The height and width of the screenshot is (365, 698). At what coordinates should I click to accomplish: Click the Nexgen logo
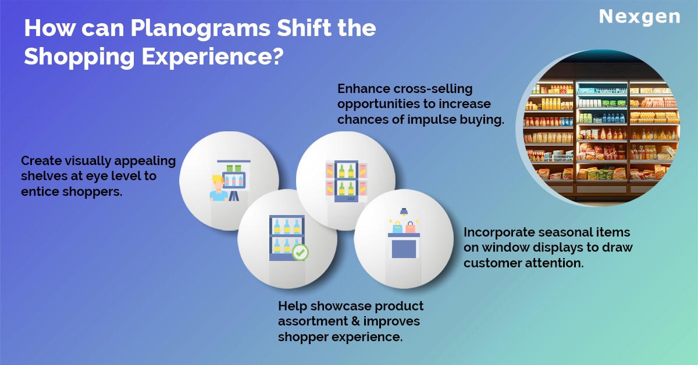(x=639, y=17)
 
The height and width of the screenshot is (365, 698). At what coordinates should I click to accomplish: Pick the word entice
(x=40, y=192)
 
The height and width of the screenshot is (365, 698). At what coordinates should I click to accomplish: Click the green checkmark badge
(x=300, y=252)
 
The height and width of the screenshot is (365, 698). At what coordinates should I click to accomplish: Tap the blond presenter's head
(x=218, y=182)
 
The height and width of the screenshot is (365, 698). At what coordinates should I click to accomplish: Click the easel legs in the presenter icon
(x=234, y=196)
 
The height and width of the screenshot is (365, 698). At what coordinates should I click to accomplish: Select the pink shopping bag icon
(x=410, y=227)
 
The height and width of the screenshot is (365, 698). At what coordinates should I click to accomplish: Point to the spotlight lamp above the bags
(x=404, y=212)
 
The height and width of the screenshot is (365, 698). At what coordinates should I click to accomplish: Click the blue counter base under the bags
(x=404, y=249)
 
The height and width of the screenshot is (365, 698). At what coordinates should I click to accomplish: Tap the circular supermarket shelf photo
(x=598, y=128)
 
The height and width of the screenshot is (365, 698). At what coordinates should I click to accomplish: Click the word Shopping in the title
(x=79, y=58)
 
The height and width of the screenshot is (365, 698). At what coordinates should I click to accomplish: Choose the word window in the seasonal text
(x=505, y=248)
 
